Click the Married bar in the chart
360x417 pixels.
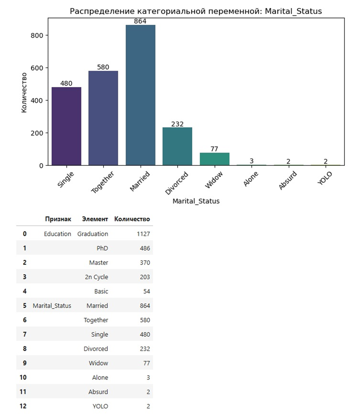(x=140, y=95)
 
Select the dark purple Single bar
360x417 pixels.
(x=67, y=126)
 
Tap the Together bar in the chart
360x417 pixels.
(x=103, y=118)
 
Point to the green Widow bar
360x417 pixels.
(x=214, y=159)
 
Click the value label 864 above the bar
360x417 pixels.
(x=140, y=21)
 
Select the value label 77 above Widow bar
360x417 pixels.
(x=214, y=149)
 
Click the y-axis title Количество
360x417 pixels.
(x=24, y=93)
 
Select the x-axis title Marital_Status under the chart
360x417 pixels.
(x=196, y=201)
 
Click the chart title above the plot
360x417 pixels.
(x=196, y=11)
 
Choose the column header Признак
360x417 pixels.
(x=58, y=219)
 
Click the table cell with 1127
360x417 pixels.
(x=143, y=234)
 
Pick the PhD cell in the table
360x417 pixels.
(x=102, y=248)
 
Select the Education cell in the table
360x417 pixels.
(x=57, y=234)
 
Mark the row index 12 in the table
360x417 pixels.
(x=24, y=406)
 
